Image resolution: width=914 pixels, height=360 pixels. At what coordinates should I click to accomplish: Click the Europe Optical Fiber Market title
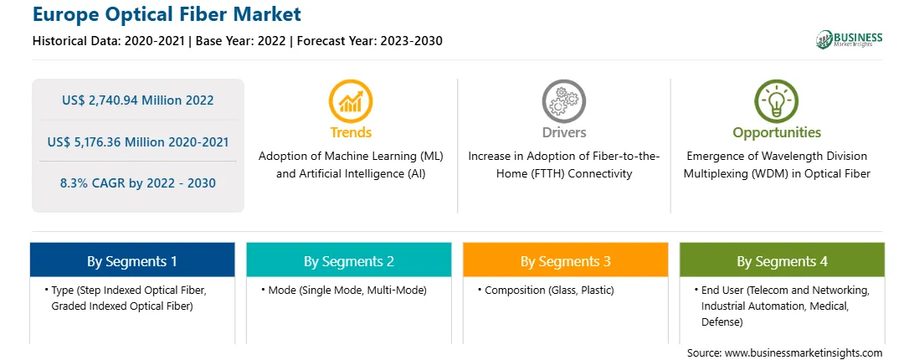[167, 13]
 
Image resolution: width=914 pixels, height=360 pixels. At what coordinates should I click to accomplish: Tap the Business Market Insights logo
[849, 39]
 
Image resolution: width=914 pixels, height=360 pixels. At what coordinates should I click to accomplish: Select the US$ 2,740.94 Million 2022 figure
[137, 100]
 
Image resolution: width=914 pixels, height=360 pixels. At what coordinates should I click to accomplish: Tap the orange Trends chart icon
[351, 101]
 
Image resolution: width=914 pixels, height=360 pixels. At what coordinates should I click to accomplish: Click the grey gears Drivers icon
[563, 101]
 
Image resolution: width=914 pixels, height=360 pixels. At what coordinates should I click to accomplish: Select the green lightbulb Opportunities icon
[777, 101]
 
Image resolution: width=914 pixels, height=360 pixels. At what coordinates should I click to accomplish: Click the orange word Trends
[351, 132]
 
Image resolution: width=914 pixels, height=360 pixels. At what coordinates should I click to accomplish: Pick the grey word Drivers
[563, 132]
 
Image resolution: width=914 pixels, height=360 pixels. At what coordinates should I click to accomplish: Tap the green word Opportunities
[777, 133]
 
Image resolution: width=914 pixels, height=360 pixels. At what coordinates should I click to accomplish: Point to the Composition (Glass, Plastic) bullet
[546, 290]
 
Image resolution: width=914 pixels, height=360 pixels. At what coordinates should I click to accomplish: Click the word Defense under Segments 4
[721, 322]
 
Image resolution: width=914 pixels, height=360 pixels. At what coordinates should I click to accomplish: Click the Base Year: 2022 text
[241, 41]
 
